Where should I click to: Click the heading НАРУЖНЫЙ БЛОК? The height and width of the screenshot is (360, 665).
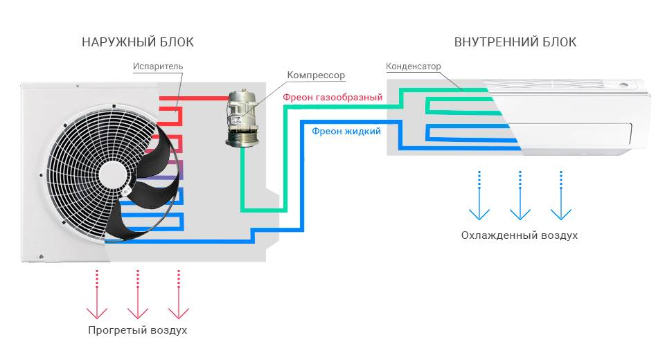[137, 42]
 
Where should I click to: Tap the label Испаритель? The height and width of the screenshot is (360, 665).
[157, 66]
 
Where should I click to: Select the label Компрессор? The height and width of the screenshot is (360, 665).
[316, 75]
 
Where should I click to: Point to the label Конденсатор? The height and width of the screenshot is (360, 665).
[413, 66]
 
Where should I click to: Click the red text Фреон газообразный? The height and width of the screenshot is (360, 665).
[332, 98]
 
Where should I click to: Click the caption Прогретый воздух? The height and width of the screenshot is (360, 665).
[137, 330]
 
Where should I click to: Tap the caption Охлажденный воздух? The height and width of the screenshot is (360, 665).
[519, 235]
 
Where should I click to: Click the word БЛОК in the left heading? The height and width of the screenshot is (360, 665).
[175, 42]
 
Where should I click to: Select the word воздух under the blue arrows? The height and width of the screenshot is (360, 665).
[554, 235]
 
